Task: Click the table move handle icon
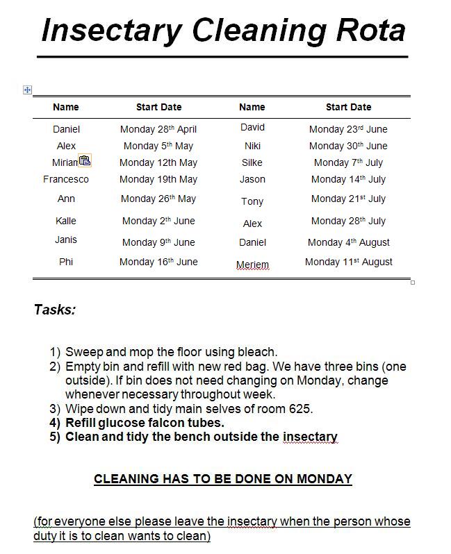tap(27, 90)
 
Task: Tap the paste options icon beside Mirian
tap(85, 161)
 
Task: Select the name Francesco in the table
tap(66, 179)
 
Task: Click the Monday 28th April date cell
tap(158, 129)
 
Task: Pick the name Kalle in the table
tap(66, 221)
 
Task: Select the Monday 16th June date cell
tap(158, 262)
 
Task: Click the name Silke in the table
tap(252, 162)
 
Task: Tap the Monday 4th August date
tap(349, 242)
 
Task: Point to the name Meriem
tap(252, 265)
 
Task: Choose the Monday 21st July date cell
tap(348, 199)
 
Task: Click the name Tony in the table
tap(252, 201)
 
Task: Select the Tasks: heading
tap(55, 310)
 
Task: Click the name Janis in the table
tap(66, 240)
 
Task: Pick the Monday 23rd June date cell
tap(348, 129)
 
